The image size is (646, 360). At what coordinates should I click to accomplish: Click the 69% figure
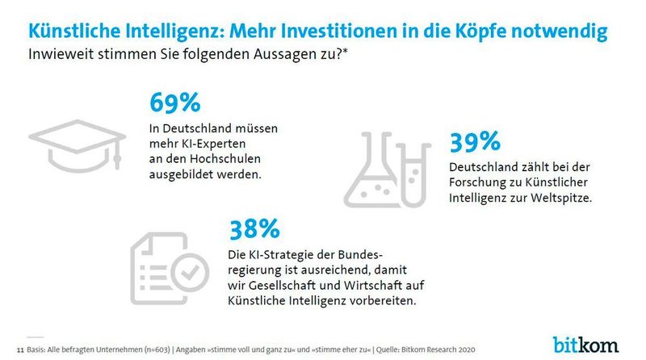pos(174,105)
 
